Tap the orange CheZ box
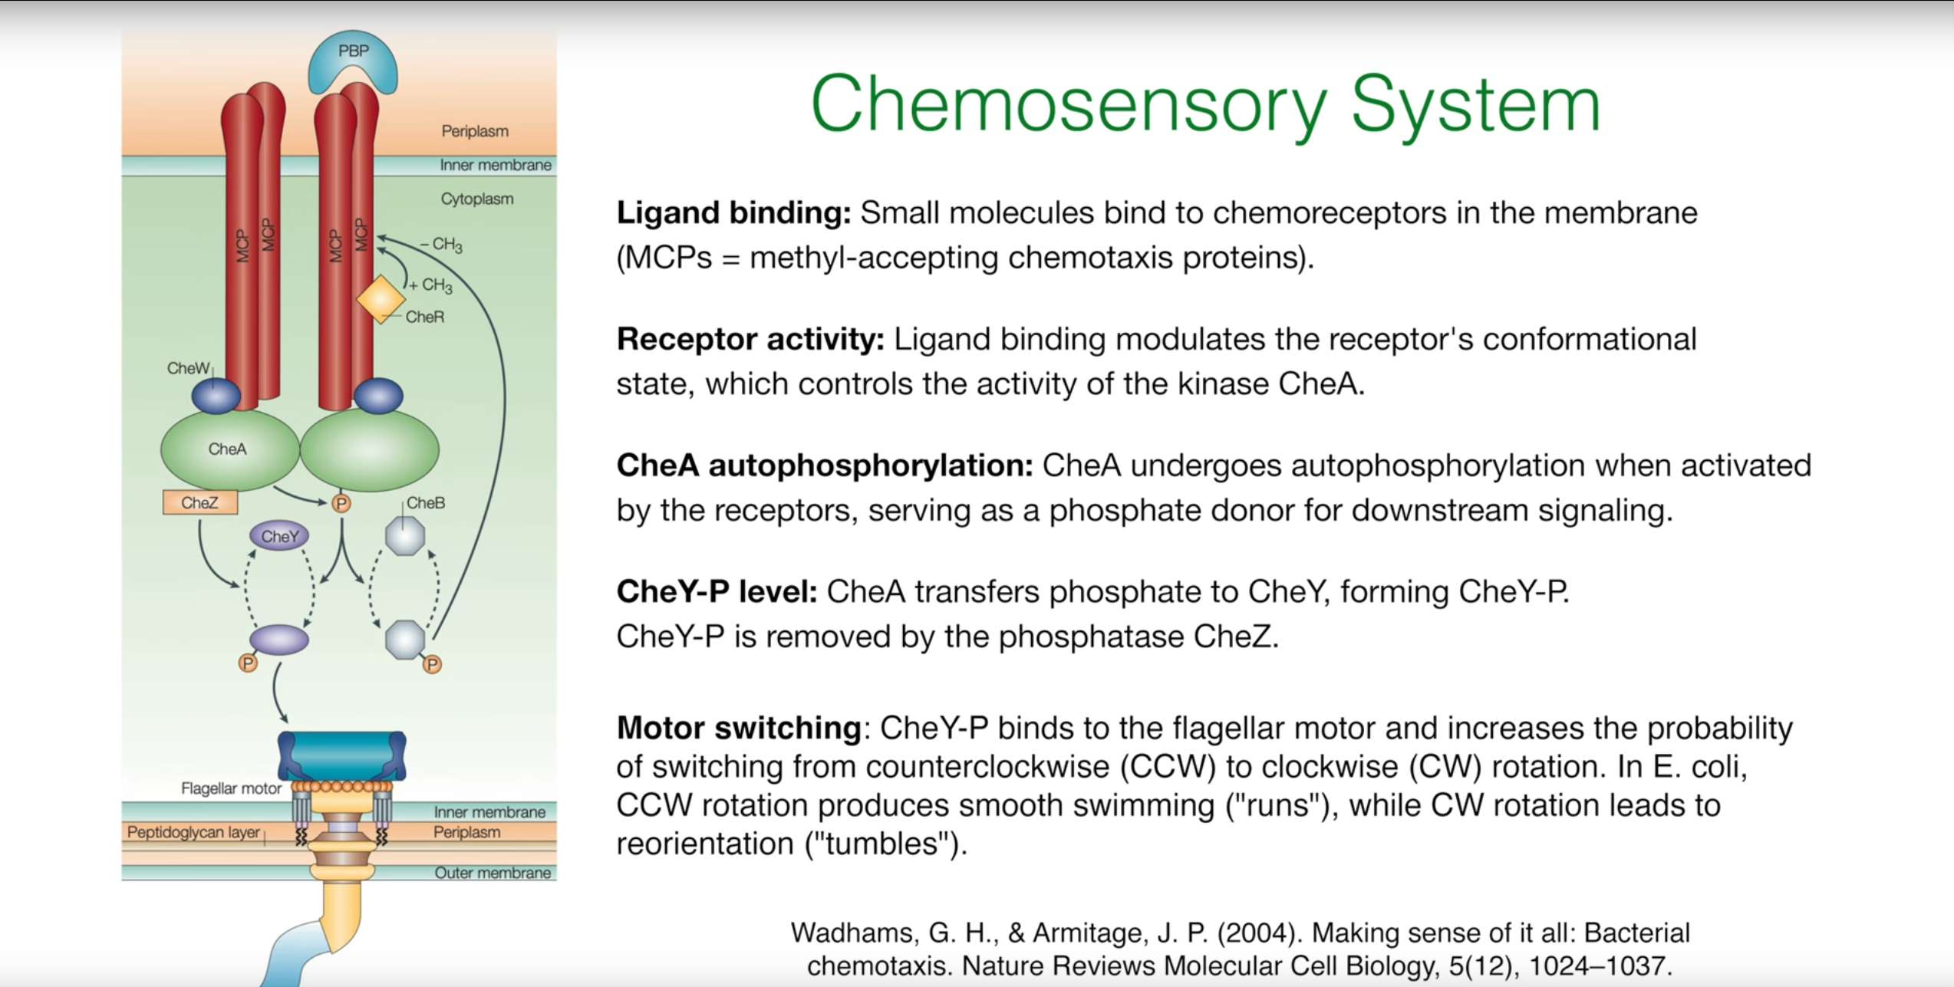coord(200,503)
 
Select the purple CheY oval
coord(279,536)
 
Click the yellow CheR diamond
coord(381,299)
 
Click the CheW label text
coord(188,368)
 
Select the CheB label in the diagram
coord(426,503)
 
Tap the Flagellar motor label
coord(231,788)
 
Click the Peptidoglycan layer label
coord(193,832)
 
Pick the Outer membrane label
coord(493,873)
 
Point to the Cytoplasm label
coord(476,199)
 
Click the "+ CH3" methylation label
coord(432,285)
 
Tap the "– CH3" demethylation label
coord(442,245)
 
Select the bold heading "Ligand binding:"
coord(733,213)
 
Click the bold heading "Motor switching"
coord(739,728)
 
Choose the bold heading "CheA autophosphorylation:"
coord(825,466)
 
